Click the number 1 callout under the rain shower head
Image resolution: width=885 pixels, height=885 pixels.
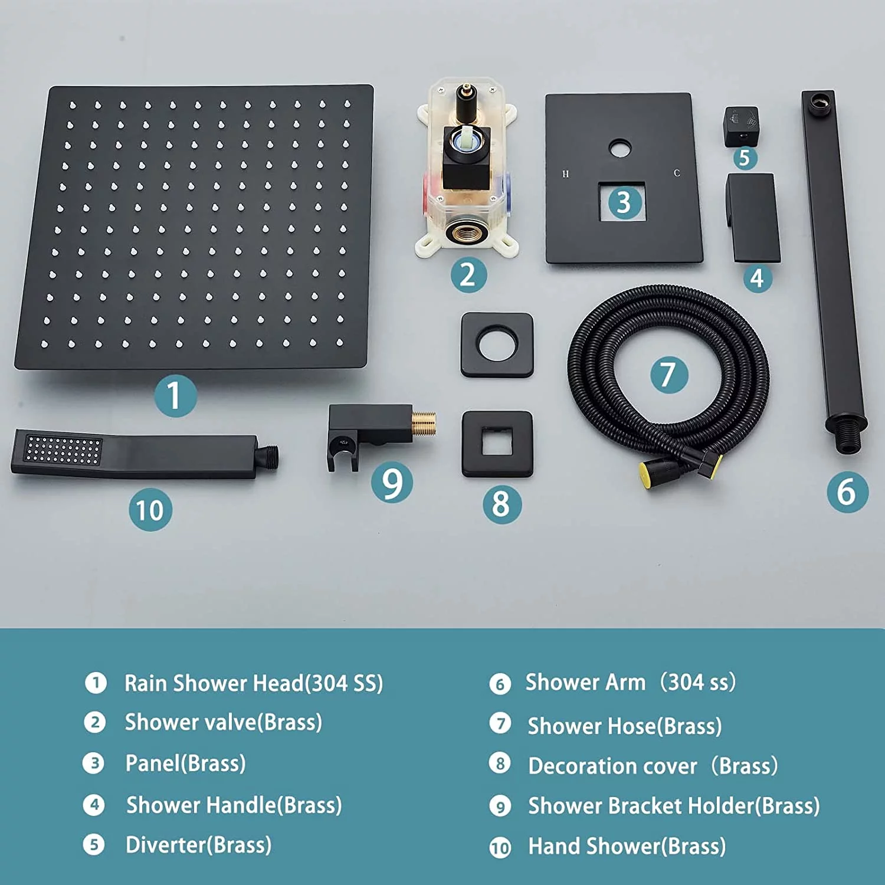(x=175, y=396)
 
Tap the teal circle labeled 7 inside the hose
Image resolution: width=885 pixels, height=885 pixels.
(x=669, y=374)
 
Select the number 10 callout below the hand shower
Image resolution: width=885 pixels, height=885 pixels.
(x=150, y=510)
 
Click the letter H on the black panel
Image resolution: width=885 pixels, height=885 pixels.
(x=566, y=174)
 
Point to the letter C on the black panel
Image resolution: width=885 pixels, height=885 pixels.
(x=677, y=173)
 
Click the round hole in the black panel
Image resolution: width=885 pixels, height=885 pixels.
(x=619, y=149)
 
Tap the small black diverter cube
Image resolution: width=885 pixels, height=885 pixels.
(x=741, y=126)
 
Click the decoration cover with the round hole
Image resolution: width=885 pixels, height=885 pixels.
(x=497, y=345)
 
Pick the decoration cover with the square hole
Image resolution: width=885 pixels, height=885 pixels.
(x=497, y=444)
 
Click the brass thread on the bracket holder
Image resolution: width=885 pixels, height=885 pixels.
(x=424, y=424)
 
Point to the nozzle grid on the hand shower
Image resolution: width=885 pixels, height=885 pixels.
(x=63, y=450)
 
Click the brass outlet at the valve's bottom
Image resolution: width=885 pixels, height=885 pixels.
(x=467, y=232)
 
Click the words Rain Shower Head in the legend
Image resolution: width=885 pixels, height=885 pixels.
(x=214, y=683)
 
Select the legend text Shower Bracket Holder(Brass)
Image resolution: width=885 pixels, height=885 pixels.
(x=674, y=806)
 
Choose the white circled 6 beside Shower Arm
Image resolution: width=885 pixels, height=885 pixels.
(x=500, y=684)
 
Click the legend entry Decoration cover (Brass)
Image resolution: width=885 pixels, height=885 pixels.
(x=653, y=766)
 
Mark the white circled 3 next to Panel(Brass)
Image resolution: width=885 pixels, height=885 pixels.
(x=93, y=763)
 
